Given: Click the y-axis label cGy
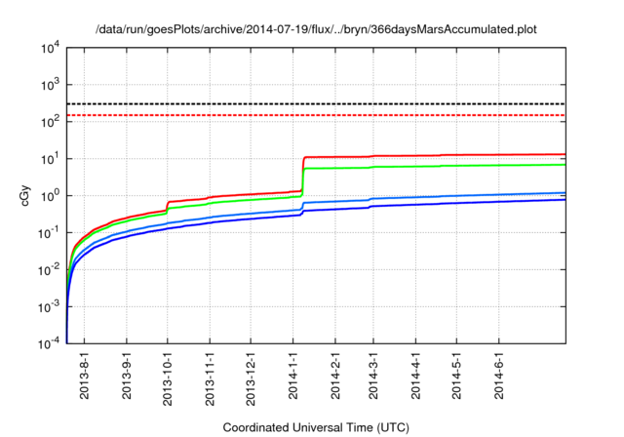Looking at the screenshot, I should pos(25,195).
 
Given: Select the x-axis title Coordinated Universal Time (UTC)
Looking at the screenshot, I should pos(315,427).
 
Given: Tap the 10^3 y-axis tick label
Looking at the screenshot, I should pos(50,85).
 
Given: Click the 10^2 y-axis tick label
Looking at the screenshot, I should pos(50,121).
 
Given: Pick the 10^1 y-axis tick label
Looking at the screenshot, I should pos(50,158).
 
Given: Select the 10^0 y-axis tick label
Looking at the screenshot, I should pos(50,195).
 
